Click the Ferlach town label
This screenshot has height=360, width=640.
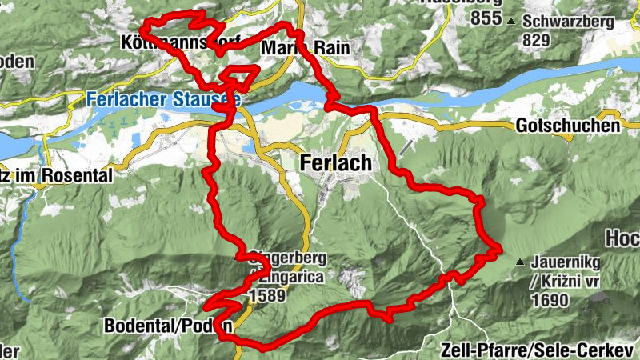click(336, 162)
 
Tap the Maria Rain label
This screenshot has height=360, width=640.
click(305, 48)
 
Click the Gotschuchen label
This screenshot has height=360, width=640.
click(568, 126)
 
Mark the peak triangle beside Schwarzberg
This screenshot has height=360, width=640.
click(510, 21)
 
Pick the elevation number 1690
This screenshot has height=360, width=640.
click(549, 301)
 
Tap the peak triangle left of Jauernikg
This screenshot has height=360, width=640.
click(521, 262)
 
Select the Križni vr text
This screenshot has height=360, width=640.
click(566, 282)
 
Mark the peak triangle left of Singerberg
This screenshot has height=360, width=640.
click(236, 259)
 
